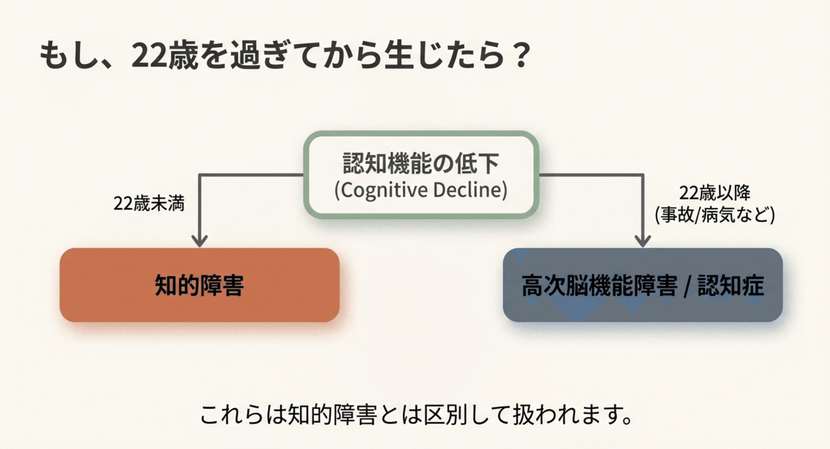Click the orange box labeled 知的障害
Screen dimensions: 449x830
[x=199, y=285]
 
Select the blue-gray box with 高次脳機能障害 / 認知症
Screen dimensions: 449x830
[x=642, y=285]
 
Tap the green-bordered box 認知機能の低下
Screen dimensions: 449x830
[x=421, y=174]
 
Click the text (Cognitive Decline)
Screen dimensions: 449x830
[x=421, y=190]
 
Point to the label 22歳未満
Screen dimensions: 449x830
[x=149, y=203]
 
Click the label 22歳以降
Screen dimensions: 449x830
[x=714, y=193]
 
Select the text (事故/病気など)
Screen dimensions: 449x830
[x=714, y=215]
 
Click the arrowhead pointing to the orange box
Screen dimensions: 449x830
[x=199, y=241]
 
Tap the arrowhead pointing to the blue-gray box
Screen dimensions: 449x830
[x=643, y=241]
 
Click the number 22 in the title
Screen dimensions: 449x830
[x=149, y=56]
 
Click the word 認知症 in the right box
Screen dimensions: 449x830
[x=730, y=285]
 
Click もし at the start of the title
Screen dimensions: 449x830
[x=68, y=56]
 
